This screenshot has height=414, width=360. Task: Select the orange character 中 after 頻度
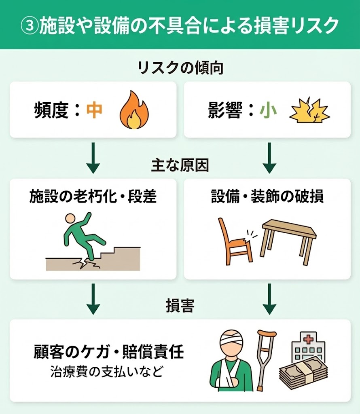coord(94,110)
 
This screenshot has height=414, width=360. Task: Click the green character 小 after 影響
coord(268,110)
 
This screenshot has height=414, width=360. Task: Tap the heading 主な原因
coord(180,166)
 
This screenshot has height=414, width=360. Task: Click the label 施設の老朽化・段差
coord(93,197)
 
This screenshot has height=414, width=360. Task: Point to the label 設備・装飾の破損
coord(267,197)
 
